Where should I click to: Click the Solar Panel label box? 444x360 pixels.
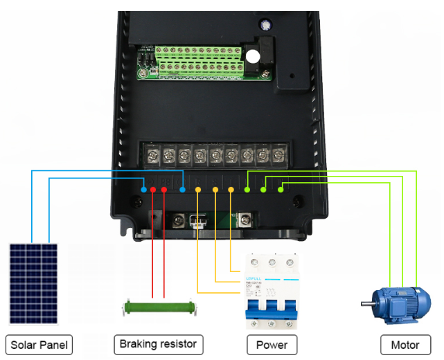pos(39,344)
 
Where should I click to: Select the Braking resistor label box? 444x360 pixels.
pos(158,344)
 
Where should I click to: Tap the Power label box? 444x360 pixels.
pos(272,344)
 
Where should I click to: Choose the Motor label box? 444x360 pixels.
pos(405,344)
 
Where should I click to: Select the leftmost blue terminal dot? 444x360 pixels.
pos(143,188)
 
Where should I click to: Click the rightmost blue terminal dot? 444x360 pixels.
pos(182,188)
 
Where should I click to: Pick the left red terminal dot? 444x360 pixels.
pos(153,188)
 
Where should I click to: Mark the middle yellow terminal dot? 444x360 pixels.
pos(215,188)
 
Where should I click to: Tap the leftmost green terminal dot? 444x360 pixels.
pos(247,188)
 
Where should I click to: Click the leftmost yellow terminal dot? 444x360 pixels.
pos(198,188)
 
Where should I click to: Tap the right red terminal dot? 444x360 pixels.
pos(164,188)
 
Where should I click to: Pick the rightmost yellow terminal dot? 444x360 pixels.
pos(231,188)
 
